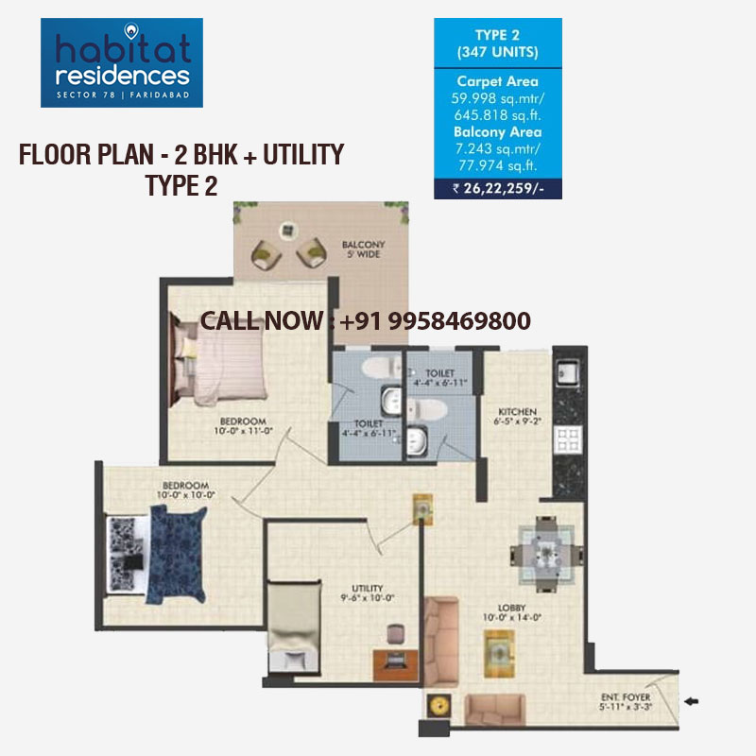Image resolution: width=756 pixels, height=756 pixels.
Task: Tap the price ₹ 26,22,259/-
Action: click(497, 188)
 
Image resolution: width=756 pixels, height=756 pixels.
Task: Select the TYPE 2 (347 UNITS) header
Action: click(497, 44)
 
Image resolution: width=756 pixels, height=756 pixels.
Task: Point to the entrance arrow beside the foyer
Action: click(692, 702)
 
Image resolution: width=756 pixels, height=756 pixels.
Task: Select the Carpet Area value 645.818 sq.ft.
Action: click(497, 114)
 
